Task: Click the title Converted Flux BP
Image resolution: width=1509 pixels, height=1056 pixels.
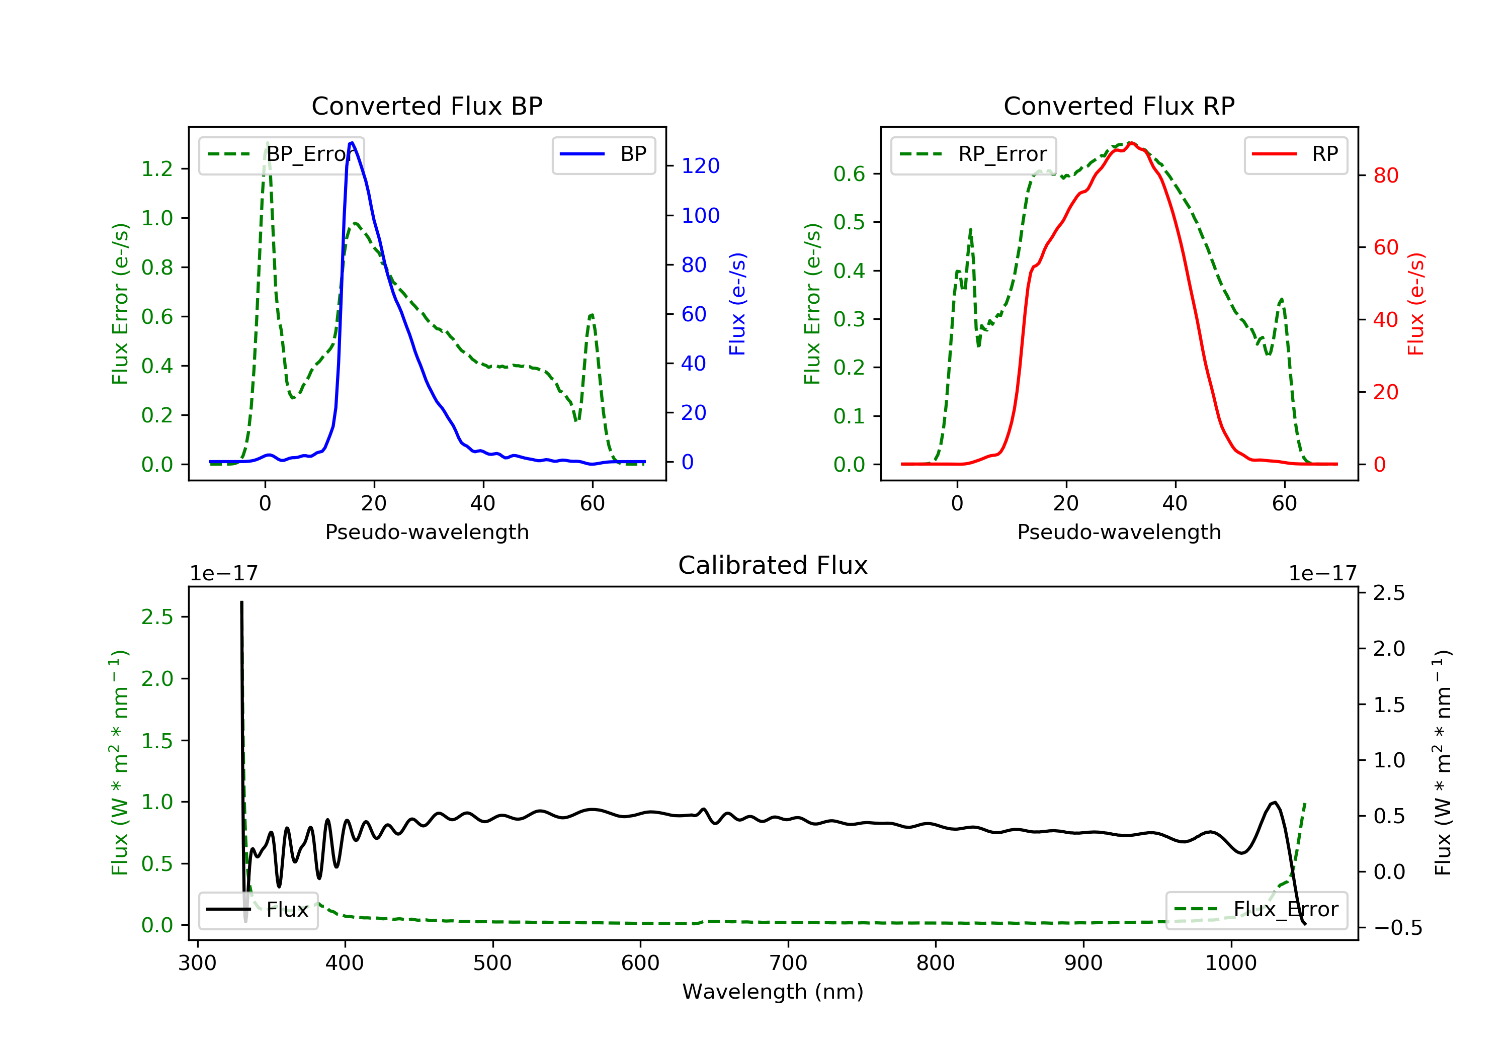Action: pyautogui.click(x=427, y=106)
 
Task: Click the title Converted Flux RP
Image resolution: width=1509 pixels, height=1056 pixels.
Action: pyautogui.click(x=1119, y=106)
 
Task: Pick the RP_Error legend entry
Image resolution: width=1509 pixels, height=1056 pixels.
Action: pyautogui.click(x=973, y=155)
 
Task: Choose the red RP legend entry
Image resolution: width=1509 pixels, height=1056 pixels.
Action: pyautogui.click(x=1295, y=155)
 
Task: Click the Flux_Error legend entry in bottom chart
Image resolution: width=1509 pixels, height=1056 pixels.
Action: pyautogui.click(x=1256, y=910)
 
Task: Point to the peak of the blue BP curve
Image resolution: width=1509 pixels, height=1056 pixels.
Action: pyautogui.click(x=352, y=143)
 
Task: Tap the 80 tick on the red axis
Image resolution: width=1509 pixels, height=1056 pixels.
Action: pyautogui.click(x=1385, y=175)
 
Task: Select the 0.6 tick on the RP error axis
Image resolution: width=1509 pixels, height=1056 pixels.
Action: pyautogui.click(x=849, y=173)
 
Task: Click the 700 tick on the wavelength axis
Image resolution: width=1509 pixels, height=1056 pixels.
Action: pyautogui.click(x=788, y=963)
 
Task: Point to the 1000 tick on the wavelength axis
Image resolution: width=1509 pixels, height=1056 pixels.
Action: pyautogui.click(x=1230, y=963)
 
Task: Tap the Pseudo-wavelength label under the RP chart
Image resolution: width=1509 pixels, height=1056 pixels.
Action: pyautogui.click(x=1119, y=532)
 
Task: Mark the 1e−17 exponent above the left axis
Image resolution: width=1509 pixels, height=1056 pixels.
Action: pyautogui.click(x=223, y=574)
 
